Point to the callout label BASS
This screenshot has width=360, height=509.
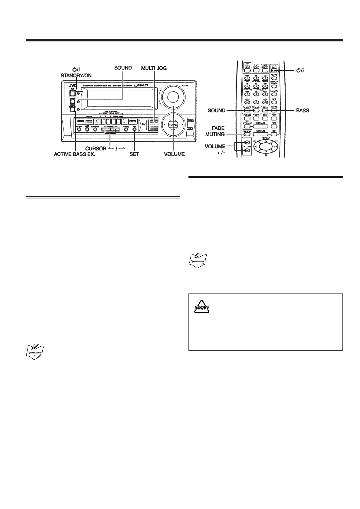(303, 111)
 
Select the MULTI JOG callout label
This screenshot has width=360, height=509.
(154, 68)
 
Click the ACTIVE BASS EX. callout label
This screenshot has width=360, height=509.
(74, 154)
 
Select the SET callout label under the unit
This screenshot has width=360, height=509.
(134, 154)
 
